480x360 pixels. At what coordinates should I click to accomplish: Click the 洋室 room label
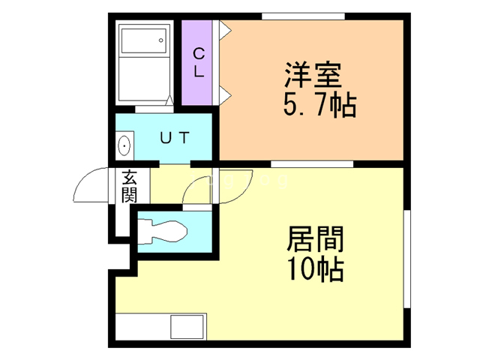313,75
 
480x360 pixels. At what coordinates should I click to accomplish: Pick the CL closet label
199,63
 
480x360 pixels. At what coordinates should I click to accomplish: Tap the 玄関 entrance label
129,187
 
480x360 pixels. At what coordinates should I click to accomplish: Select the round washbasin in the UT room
124,145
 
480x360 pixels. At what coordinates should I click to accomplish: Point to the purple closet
199,82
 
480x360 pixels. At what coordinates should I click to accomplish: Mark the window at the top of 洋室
303,16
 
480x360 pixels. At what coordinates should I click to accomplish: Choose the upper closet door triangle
223,30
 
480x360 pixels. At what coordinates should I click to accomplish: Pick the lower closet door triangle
223,94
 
